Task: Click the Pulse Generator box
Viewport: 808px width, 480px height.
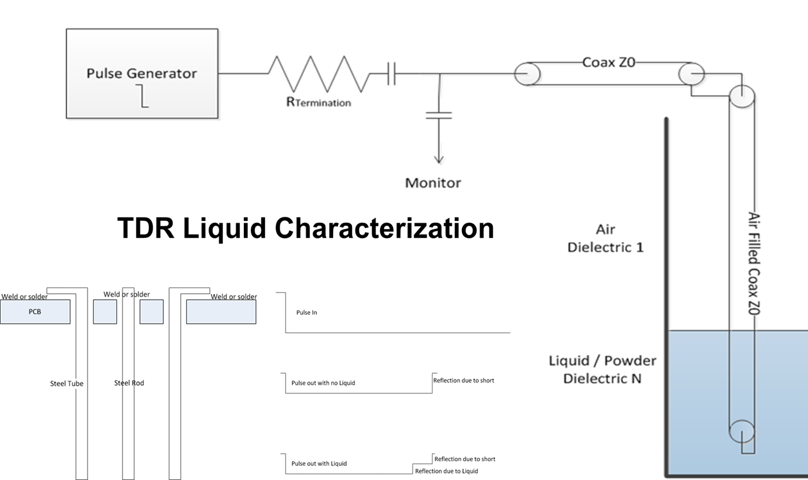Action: point(142,73)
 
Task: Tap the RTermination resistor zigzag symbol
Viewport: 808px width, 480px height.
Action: point(319,73)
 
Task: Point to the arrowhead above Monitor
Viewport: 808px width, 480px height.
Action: point(438,159)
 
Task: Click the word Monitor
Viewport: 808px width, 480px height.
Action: point(433,183)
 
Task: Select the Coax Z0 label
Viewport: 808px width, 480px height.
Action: point(609,62)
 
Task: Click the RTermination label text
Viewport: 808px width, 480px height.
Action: point(318,102)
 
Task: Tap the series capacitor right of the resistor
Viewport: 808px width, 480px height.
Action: point(391,73)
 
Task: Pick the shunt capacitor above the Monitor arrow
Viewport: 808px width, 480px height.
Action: point(438,115)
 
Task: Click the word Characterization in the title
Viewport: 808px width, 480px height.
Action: point(384,229)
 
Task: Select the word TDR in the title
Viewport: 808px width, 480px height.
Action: point(146,229)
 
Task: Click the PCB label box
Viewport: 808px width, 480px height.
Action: point(35,311)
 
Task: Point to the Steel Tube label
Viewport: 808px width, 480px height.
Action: point(67,383)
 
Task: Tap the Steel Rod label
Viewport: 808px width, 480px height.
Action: point(129,382)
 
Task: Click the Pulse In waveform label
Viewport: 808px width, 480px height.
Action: point(307,313)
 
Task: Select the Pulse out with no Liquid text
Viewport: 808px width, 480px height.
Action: point(323,382)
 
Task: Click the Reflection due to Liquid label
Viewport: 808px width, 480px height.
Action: point(447,471)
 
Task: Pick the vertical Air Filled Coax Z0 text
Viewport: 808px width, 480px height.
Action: point(754,263)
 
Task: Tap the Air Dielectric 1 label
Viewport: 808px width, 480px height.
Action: point(606,239)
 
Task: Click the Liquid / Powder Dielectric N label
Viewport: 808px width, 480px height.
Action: point(602,370)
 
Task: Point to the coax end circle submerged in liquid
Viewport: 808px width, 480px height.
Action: point(729,431)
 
